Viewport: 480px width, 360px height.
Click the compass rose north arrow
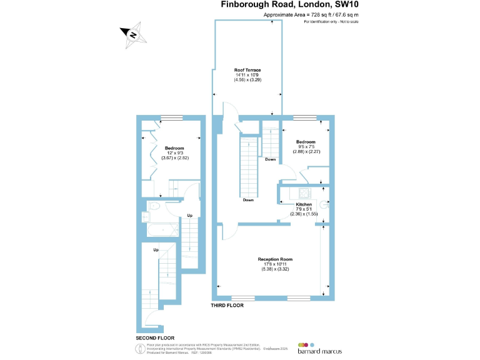(x=133, y=35)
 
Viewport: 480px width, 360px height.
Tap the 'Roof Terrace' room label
(x=247, y=70)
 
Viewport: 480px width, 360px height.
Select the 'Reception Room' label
(x=275, y=259)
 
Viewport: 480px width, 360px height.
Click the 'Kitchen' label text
(x=304, y=204)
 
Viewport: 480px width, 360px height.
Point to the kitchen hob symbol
(x=304, y=192)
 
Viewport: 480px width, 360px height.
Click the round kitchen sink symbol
(x=324, y=204)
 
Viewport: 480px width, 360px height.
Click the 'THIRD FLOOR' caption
(x=227, y=306)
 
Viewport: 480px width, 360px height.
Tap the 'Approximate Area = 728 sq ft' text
(x=311, y=14)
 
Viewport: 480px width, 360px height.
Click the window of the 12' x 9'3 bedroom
(x=171, y=117)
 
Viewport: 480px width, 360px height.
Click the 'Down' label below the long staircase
(x=248, y=200)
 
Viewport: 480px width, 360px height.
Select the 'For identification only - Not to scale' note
(x=331, y=22)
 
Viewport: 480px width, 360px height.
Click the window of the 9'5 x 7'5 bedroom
(x=304, y=117)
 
